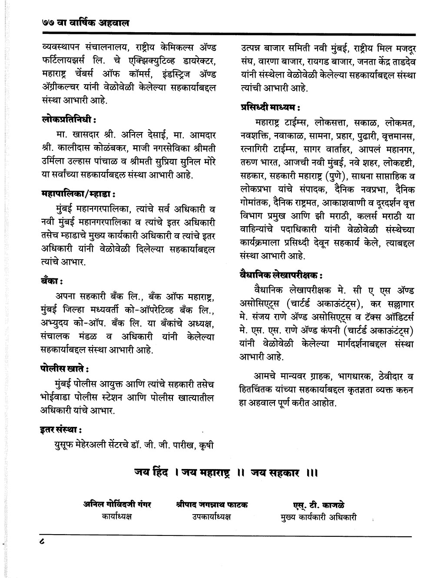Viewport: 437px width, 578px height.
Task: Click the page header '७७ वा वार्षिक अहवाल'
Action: (x=83, y=23)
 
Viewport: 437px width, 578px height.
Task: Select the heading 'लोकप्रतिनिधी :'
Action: (x=69, y=119)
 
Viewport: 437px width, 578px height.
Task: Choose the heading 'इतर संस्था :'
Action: (x=62, y=430)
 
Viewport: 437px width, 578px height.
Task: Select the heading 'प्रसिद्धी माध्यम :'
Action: (x=270, y=106)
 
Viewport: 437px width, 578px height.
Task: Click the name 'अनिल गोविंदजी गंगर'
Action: (x=117, y=505)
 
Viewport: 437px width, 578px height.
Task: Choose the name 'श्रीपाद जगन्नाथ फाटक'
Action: (x=212, y=505)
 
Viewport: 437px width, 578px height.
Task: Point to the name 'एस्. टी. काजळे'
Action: (x=319, y=505)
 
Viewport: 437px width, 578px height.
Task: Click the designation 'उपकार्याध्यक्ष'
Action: (x=212, y=516)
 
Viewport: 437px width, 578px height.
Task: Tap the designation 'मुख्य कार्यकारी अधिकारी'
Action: (x=319, y=517)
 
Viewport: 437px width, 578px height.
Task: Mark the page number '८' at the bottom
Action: (x=41, y=542)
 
